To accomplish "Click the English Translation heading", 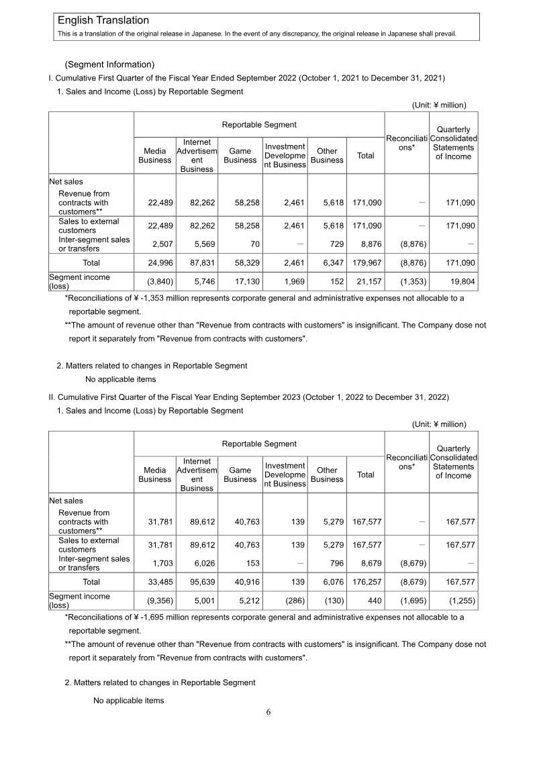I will pos(103,21).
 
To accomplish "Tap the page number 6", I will pos(268,712).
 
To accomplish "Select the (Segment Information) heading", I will pos(109,64).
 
